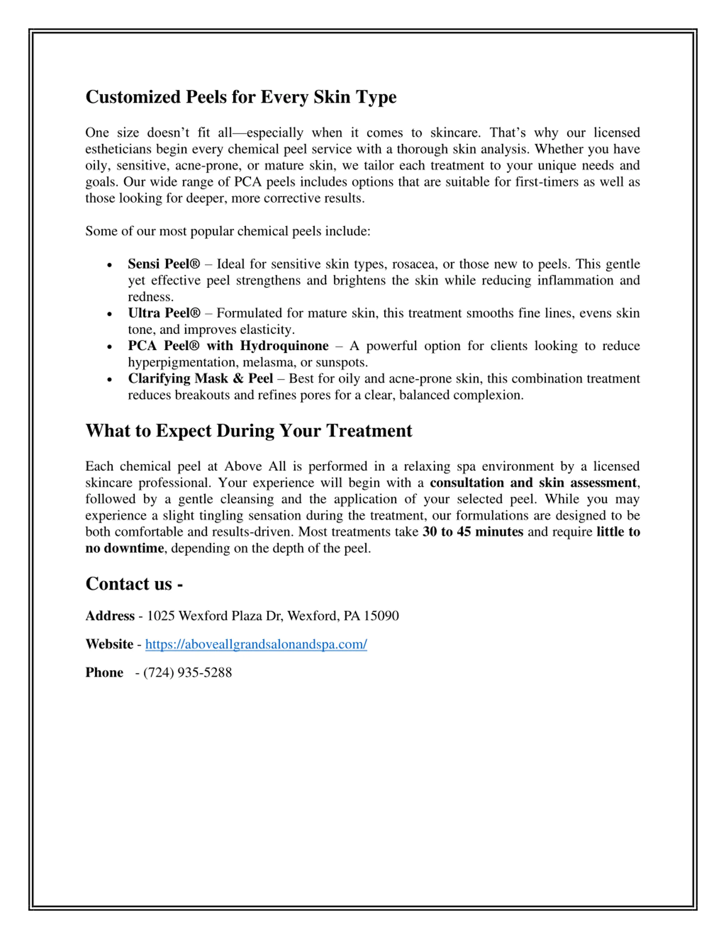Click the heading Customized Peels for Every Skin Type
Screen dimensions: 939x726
(x=241, y=97)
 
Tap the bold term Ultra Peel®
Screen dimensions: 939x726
(x=164, y=313)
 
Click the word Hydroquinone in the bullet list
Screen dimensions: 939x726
(x=284, y=346)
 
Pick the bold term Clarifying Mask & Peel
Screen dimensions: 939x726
(x=201, y=378)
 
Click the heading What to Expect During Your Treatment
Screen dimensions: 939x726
(x=249, y=431)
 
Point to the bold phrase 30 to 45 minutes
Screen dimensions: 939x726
(x=473, y=532)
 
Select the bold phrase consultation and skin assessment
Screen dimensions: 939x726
(x=533, y=483)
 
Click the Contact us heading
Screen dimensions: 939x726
(x=134, y=584)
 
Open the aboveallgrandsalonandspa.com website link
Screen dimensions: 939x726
(x=256, y=644)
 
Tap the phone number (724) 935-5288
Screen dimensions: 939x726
(x=187, y=672)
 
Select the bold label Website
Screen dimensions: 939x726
(x=109, y=644)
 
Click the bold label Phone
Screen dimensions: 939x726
(x=104, y=672)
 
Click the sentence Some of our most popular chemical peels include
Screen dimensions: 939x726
(x=227, y=231)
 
